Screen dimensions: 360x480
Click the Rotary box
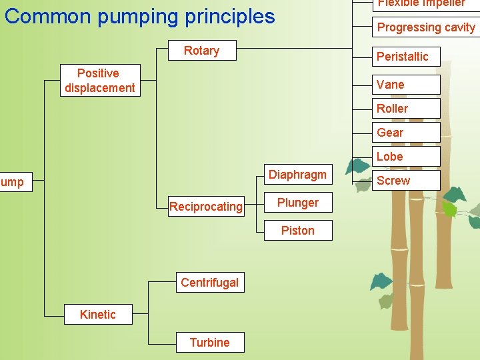tap(201, 51)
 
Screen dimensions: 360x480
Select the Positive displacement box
tap(99, 81)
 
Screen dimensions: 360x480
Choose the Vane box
tap(405, 85)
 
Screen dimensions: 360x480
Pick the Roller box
tap(405, 109)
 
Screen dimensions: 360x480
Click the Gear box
tap(405, 133)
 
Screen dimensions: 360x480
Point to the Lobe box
tap(405, 157)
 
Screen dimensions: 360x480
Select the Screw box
tap(405, 181)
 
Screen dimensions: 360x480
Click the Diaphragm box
tap(297, 175)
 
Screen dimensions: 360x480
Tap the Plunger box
tap(297, 203)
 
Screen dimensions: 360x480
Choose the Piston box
tap(297, 231)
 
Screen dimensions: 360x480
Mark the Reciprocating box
tap(205, 207)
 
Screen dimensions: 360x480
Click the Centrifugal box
tap(209, 283)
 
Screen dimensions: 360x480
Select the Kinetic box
tap(97, 315)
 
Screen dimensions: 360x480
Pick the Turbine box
tap(209, 343)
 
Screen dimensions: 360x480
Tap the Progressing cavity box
tap(425, 27)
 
